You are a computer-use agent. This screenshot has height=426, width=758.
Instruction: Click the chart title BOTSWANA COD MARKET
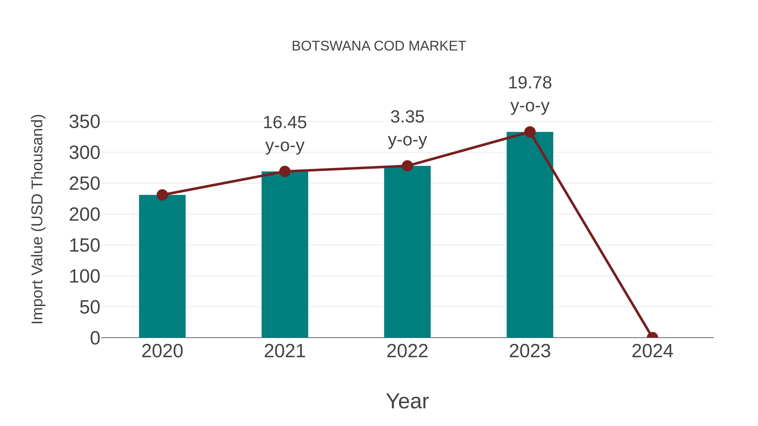(x=379, y=46)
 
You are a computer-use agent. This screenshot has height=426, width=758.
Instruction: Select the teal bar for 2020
(x=162, y=266)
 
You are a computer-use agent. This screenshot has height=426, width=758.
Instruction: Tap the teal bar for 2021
(x=284, y=254)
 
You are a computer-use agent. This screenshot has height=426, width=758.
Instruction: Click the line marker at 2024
(x=652, y=337)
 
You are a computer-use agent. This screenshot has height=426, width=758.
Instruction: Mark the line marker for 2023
(x=530, y=132)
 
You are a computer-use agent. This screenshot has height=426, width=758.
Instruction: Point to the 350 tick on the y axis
(x=84, y=122)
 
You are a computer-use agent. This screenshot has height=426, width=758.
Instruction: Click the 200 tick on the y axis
(x=84, y=214)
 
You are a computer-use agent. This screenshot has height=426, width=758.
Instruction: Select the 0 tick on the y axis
(x=95, y=338)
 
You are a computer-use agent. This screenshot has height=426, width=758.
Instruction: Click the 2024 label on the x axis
(x=652, y=351)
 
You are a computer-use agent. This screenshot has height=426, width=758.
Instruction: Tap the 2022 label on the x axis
(x=407, y=351)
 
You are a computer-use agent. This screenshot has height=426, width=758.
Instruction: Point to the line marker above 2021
(x=284, y=171)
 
